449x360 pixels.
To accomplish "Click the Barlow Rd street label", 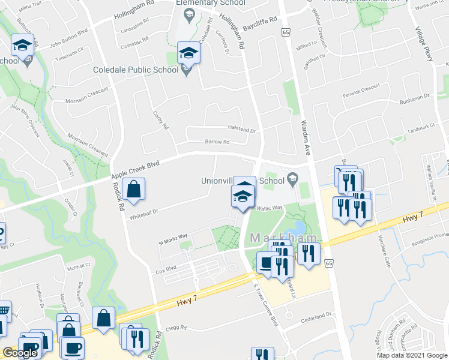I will (217, 142).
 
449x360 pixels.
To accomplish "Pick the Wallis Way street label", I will (270, 208).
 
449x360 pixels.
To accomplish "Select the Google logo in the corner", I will (20, 353).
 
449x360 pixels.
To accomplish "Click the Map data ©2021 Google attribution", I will (412, 355).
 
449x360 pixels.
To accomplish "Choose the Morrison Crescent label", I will (88, 142).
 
